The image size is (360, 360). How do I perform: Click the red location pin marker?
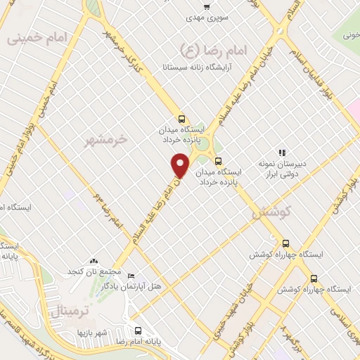(x=181, y=165)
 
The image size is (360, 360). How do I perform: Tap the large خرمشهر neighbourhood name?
(x=105, y=139)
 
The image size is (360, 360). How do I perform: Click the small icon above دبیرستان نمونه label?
(x=281, y=153)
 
